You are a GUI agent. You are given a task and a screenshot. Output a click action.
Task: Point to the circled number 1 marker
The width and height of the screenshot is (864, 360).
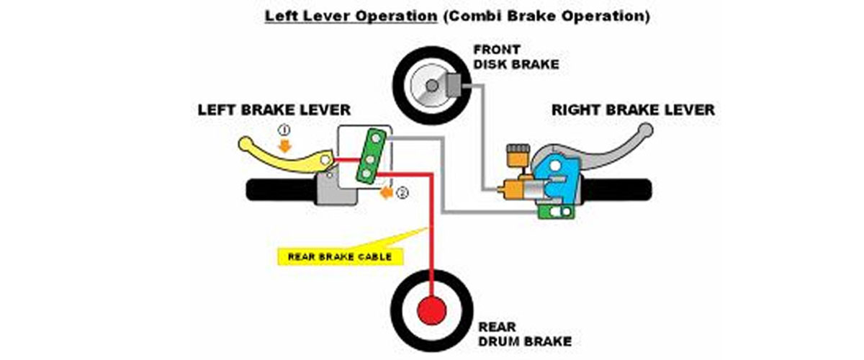(284, 130)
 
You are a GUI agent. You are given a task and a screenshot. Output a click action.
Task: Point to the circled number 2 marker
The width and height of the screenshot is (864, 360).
(402, 192)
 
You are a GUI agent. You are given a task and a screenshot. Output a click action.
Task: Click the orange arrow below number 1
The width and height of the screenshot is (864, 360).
(284, 145)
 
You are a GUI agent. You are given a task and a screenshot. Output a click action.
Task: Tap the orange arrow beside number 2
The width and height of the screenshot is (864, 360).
(387, 193)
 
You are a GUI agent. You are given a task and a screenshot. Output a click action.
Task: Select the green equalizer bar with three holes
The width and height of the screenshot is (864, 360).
(372, 153)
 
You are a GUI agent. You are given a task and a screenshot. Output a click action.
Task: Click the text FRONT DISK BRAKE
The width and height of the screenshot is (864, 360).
(516, 57)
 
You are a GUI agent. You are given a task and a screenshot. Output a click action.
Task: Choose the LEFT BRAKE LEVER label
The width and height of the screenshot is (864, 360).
(274, 110)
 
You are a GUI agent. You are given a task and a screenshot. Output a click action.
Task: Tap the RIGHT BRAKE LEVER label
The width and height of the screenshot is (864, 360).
(633, 110)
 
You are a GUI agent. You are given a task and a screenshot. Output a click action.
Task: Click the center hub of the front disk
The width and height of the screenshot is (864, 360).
(430, 86)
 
